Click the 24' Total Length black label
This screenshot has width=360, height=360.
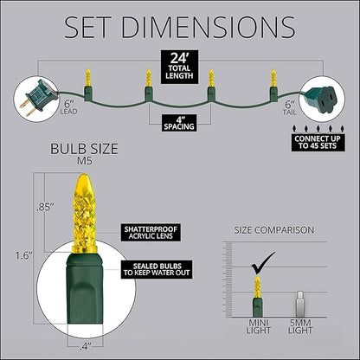(x=179, y=67)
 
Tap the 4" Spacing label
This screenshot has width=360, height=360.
(x=179, y=123)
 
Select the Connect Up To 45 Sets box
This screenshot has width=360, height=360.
(x=317, y=142)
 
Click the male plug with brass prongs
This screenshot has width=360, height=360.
(x=36, y=98)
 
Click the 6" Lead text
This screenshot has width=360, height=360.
(x=68, y=107)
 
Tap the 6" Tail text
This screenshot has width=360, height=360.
(x=290, y=108)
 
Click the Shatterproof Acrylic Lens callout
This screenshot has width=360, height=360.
(x=151, y=233)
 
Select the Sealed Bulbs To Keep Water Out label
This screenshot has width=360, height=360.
(x=157, y=269)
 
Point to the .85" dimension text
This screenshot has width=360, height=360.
(x=46, y=208)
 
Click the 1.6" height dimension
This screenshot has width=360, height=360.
(x=24, y=255)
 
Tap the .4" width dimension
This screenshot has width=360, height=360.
(x=85, y=346)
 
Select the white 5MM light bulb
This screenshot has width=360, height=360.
(x=299, y=304)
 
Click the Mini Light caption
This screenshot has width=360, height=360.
(x=259, y=326)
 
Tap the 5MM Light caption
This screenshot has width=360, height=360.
(x=300, y=326)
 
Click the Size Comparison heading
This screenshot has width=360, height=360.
(x=273, y=230)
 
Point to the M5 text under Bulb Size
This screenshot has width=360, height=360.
(x=85, y=161)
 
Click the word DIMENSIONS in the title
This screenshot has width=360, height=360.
(x=209, y=27)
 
